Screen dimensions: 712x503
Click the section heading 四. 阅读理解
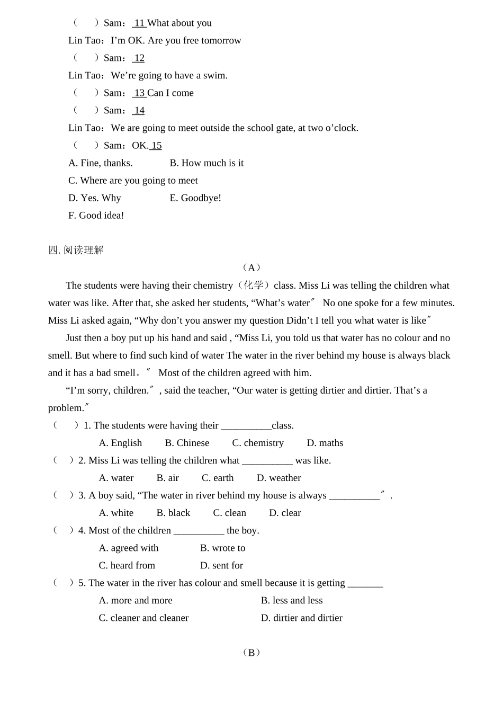tap(76, 250)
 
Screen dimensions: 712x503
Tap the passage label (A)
tap(251, 268)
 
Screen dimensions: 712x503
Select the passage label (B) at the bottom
tap(251, 652)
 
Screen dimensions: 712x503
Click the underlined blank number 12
tap(139, 58)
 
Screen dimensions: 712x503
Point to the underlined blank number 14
tap(139, 110)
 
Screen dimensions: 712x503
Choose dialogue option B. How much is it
tap(206, 163)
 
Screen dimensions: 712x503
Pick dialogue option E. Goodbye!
tap(195, 198)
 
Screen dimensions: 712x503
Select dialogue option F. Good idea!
tap(96, 215)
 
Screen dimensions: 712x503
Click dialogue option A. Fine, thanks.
tap(101, 163)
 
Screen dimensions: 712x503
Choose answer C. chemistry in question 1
tap(258, 443)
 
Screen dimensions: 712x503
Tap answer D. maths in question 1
tap(325, 443)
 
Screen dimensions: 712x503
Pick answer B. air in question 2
tap(167, 478)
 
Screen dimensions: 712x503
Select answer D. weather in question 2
tap(279, 478)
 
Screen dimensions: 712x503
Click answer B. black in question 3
tap(173, 513)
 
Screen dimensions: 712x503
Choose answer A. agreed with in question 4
tap(129, 548)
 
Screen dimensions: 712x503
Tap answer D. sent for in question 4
tap(221, 565)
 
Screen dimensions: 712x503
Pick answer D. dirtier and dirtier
tap(301, 618)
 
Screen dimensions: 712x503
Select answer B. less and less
tap(292, 600)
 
